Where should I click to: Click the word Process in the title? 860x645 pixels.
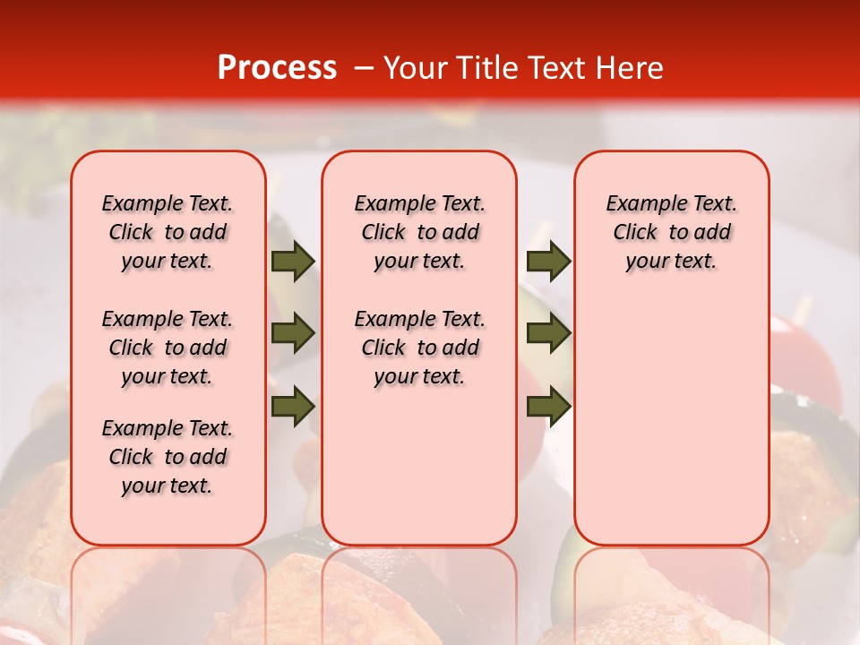tap(277, 67)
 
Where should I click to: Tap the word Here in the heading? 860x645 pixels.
tap(627, 68)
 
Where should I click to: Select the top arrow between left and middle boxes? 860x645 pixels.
tap(293, 262)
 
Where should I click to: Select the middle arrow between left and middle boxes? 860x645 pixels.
tap(293, 333)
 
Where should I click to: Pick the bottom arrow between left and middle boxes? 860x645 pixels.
tap(293, 406)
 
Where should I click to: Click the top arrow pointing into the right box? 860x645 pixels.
tap(548, 262)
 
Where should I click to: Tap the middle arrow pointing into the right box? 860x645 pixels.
tap(548, 333)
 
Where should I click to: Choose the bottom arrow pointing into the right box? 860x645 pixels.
tap(548, 406)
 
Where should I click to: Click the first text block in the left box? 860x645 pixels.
tap(168, 232)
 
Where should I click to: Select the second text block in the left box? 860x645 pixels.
tap(168, 348)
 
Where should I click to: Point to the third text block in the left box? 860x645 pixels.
tap(168, 457)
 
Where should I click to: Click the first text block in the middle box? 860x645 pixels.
tap(419, 232)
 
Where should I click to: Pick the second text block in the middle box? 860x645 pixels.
tap(419, 348)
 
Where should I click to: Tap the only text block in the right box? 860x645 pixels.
tap(671, 232)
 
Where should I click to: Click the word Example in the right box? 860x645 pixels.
tap(640, 204)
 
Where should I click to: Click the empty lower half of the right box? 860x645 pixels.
tap(671, 430)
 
